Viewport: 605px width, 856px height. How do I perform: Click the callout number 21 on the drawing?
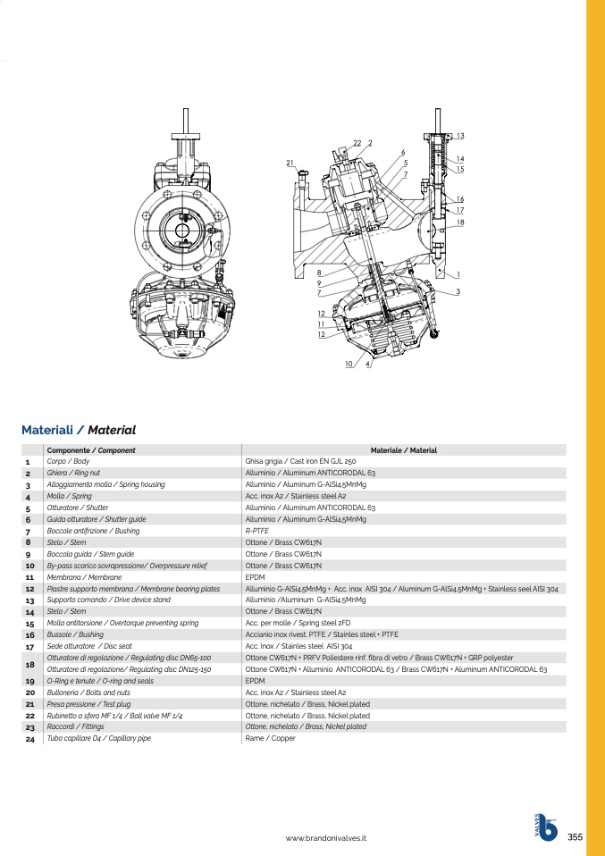[290, 163]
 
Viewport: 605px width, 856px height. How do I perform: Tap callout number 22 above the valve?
[357, 143]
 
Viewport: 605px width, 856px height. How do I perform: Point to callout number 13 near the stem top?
[460, 136]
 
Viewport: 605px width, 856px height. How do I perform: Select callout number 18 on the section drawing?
[460, 222]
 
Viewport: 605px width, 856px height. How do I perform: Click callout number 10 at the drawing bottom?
[349, 365]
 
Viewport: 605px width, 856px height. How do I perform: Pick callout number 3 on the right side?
[458, 291]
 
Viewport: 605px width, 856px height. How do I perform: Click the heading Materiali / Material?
[79, 430]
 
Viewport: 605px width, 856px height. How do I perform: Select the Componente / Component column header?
[91, 450]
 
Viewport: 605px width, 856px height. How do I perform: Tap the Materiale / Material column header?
[404, 450]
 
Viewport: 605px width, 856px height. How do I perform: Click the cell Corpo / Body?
[68, 461]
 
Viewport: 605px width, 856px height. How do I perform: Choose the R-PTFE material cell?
[257, 531]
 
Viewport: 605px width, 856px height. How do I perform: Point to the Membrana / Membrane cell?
[85, 577]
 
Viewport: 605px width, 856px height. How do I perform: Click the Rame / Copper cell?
[270, 738]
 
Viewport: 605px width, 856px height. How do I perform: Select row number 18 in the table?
[30, 664]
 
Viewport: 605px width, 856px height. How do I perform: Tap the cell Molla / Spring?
[70, 496]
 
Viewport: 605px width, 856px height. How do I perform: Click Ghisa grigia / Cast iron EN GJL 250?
[301, 461]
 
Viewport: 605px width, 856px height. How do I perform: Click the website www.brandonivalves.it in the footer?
[326, 838]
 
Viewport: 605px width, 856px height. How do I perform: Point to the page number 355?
[575, 837]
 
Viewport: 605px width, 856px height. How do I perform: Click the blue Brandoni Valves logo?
[546, 827]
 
